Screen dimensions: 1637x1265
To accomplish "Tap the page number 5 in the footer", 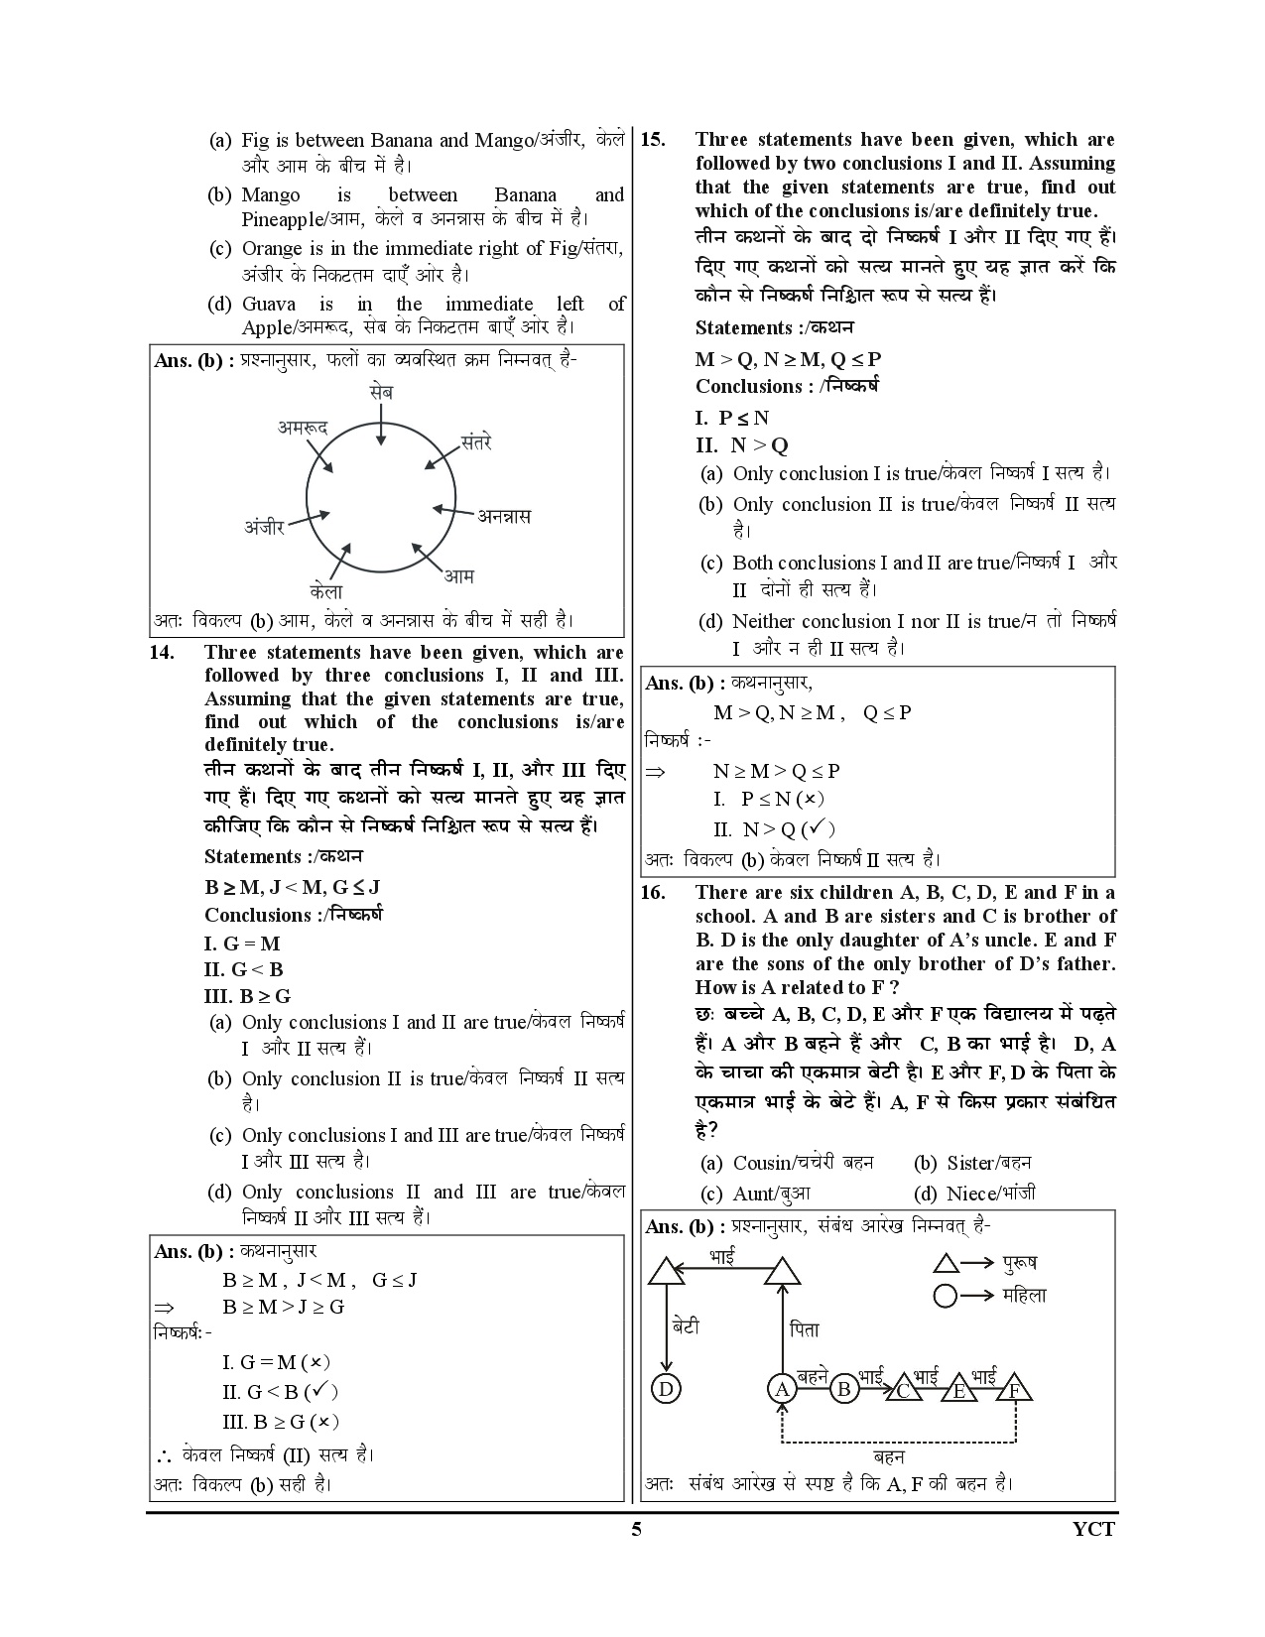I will coord(636,1529).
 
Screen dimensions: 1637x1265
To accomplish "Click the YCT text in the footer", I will coord(1093,1529).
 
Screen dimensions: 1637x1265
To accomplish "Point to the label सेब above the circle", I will coord(380,392).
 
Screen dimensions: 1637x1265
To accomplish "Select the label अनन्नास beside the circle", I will coord(504,516).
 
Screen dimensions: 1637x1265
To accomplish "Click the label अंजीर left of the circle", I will coord(265,526).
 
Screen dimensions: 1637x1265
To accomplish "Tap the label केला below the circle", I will coord(325,592).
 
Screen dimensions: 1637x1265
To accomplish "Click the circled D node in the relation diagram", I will coord(665,1389).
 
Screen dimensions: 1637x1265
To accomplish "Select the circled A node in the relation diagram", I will coord(783,1389).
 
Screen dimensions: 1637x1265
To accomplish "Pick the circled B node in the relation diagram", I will coord(843,1389).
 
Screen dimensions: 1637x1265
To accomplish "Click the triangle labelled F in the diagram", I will coord(1014,1389).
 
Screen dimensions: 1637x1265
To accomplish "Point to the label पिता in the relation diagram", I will coord(805,1329).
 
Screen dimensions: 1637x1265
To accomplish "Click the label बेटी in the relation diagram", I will coord(685,1325).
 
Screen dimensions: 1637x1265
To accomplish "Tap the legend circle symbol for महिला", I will coord(946,1296).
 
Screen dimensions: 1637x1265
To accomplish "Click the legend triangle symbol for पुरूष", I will coord(946,1263).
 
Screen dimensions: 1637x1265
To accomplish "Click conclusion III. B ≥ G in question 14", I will coord(247,996).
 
